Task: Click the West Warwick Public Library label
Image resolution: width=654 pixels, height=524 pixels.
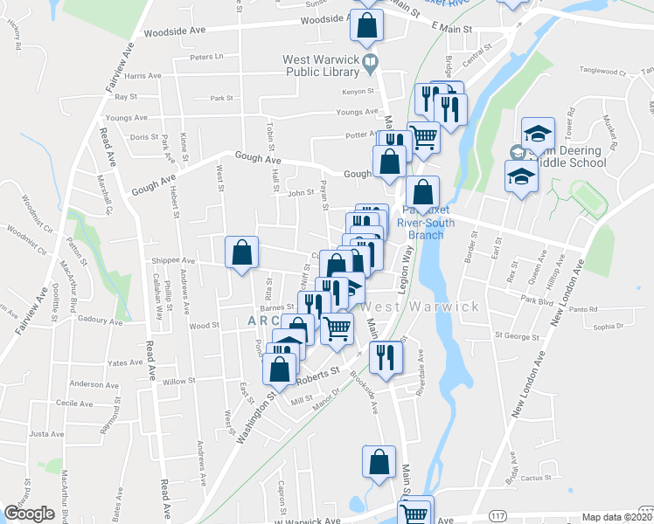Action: (x=320, y=67)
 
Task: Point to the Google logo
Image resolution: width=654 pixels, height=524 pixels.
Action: (x=29, y=514)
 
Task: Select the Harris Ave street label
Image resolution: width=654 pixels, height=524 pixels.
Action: (x=143, y=76)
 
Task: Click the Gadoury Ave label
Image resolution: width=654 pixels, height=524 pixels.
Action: (x=97, y=321)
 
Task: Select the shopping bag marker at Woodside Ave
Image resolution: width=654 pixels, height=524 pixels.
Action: (x=366, y=26)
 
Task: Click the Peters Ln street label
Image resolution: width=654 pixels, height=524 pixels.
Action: (x=207, y=58)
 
